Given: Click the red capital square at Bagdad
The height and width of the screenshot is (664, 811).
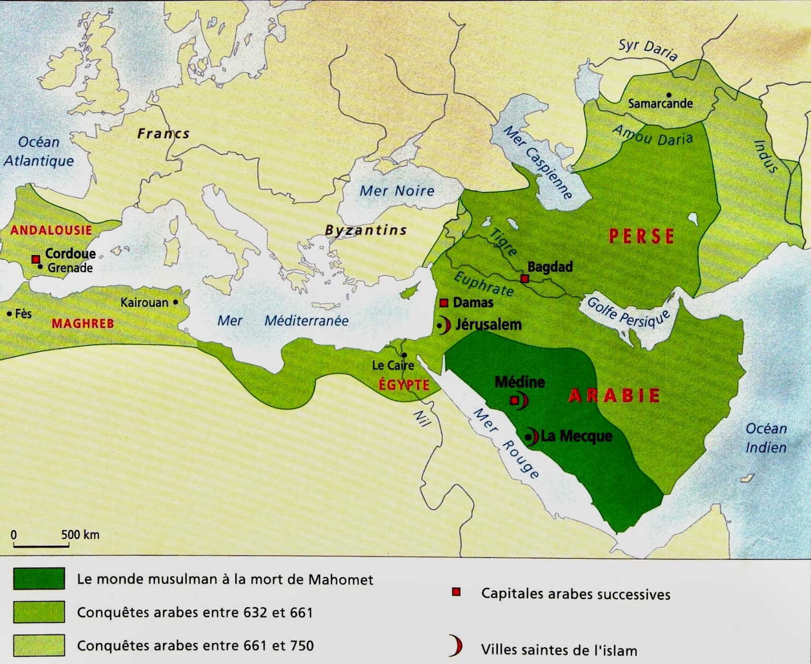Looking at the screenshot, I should [525, 279].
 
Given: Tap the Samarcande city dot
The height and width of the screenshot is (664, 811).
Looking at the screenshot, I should [669, 95].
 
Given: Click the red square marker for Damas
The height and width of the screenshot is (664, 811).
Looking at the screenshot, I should [444, 303].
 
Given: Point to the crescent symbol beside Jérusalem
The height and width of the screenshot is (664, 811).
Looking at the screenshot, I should [446, 325].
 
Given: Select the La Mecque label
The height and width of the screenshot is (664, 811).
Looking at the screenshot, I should [576, 436].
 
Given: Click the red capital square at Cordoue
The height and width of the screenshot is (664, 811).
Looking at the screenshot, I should [36, 260].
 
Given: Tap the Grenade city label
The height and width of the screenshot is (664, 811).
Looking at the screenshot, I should [70, 268].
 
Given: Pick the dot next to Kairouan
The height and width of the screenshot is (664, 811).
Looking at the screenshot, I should [175, 302].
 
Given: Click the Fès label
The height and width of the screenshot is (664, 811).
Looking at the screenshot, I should [23, 314].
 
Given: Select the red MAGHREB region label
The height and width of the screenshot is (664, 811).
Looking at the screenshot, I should [83, 323].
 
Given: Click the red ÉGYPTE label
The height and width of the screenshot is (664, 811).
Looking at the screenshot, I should [404, 385].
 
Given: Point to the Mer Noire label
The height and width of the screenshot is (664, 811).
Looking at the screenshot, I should [397, 191].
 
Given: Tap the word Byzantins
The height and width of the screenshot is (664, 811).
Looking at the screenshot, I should [365, 231].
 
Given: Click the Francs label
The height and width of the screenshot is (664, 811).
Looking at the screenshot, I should [163, 134].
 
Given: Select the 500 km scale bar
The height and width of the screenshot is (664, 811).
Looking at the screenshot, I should [41, 545].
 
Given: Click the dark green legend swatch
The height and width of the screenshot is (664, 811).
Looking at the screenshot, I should [39, 578].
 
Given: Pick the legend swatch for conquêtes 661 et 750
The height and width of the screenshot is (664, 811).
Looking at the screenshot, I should [39, 645].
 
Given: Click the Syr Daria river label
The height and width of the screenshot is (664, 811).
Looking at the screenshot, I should [647, 50].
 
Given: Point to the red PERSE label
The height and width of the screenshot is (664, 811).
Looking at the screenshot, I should [641, 236].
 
